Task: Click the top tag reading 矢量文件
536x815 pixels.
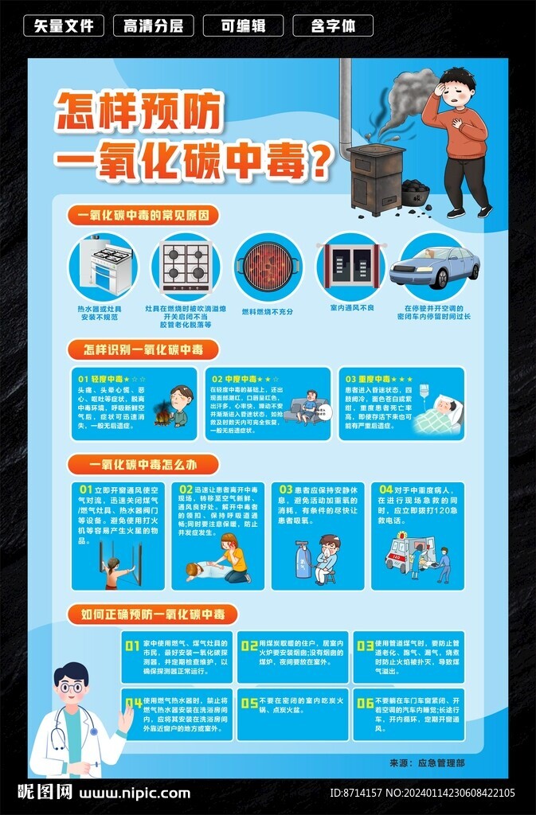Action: (64, 25)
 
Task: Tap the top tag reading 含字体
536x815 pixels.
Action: (333, 25)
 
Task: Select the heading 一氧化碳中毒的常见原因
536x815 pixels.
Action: (143, 215)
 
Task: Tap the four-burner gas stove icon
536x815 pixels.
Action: (186, 265)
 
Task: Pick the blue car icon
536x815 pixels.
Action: (434, 267)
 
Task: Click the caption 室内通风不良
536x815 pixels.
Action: (351, 307)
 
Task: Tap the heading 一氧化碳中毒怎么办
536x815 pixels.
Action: (143, 465)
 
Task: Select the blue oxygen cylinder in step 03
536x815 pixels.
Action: (303, 559)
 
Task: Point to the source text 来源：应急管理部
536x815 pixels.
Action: (438, 762)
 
